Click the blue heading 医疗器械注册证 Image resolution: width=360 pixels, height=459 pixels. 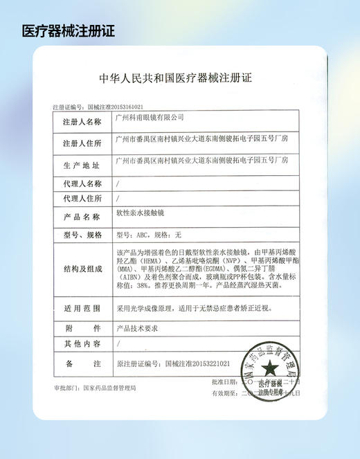(68, 30)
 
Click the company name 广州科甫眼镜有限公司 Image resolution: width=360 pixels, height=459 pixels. (152, 119)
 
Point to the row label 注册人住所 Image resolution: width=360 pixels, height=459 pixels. (82, 143)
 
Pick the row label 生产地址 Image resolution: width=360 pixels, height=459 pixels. (82, 165)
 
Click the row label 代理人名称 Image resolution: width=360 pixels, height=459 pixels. (82, 184)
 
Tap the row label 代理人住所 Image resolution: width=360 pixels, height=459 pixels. (82, 199)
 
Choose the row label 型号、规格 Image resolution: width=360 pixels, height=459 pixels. (82, 235)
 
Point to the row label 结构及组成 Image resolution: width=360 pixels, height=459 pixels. (82, 269)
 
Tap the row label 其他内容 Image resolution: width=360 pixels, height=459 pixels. (82, 343)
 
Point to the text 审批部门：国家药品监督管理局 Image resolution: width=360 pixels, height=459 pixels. (94, 388)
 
